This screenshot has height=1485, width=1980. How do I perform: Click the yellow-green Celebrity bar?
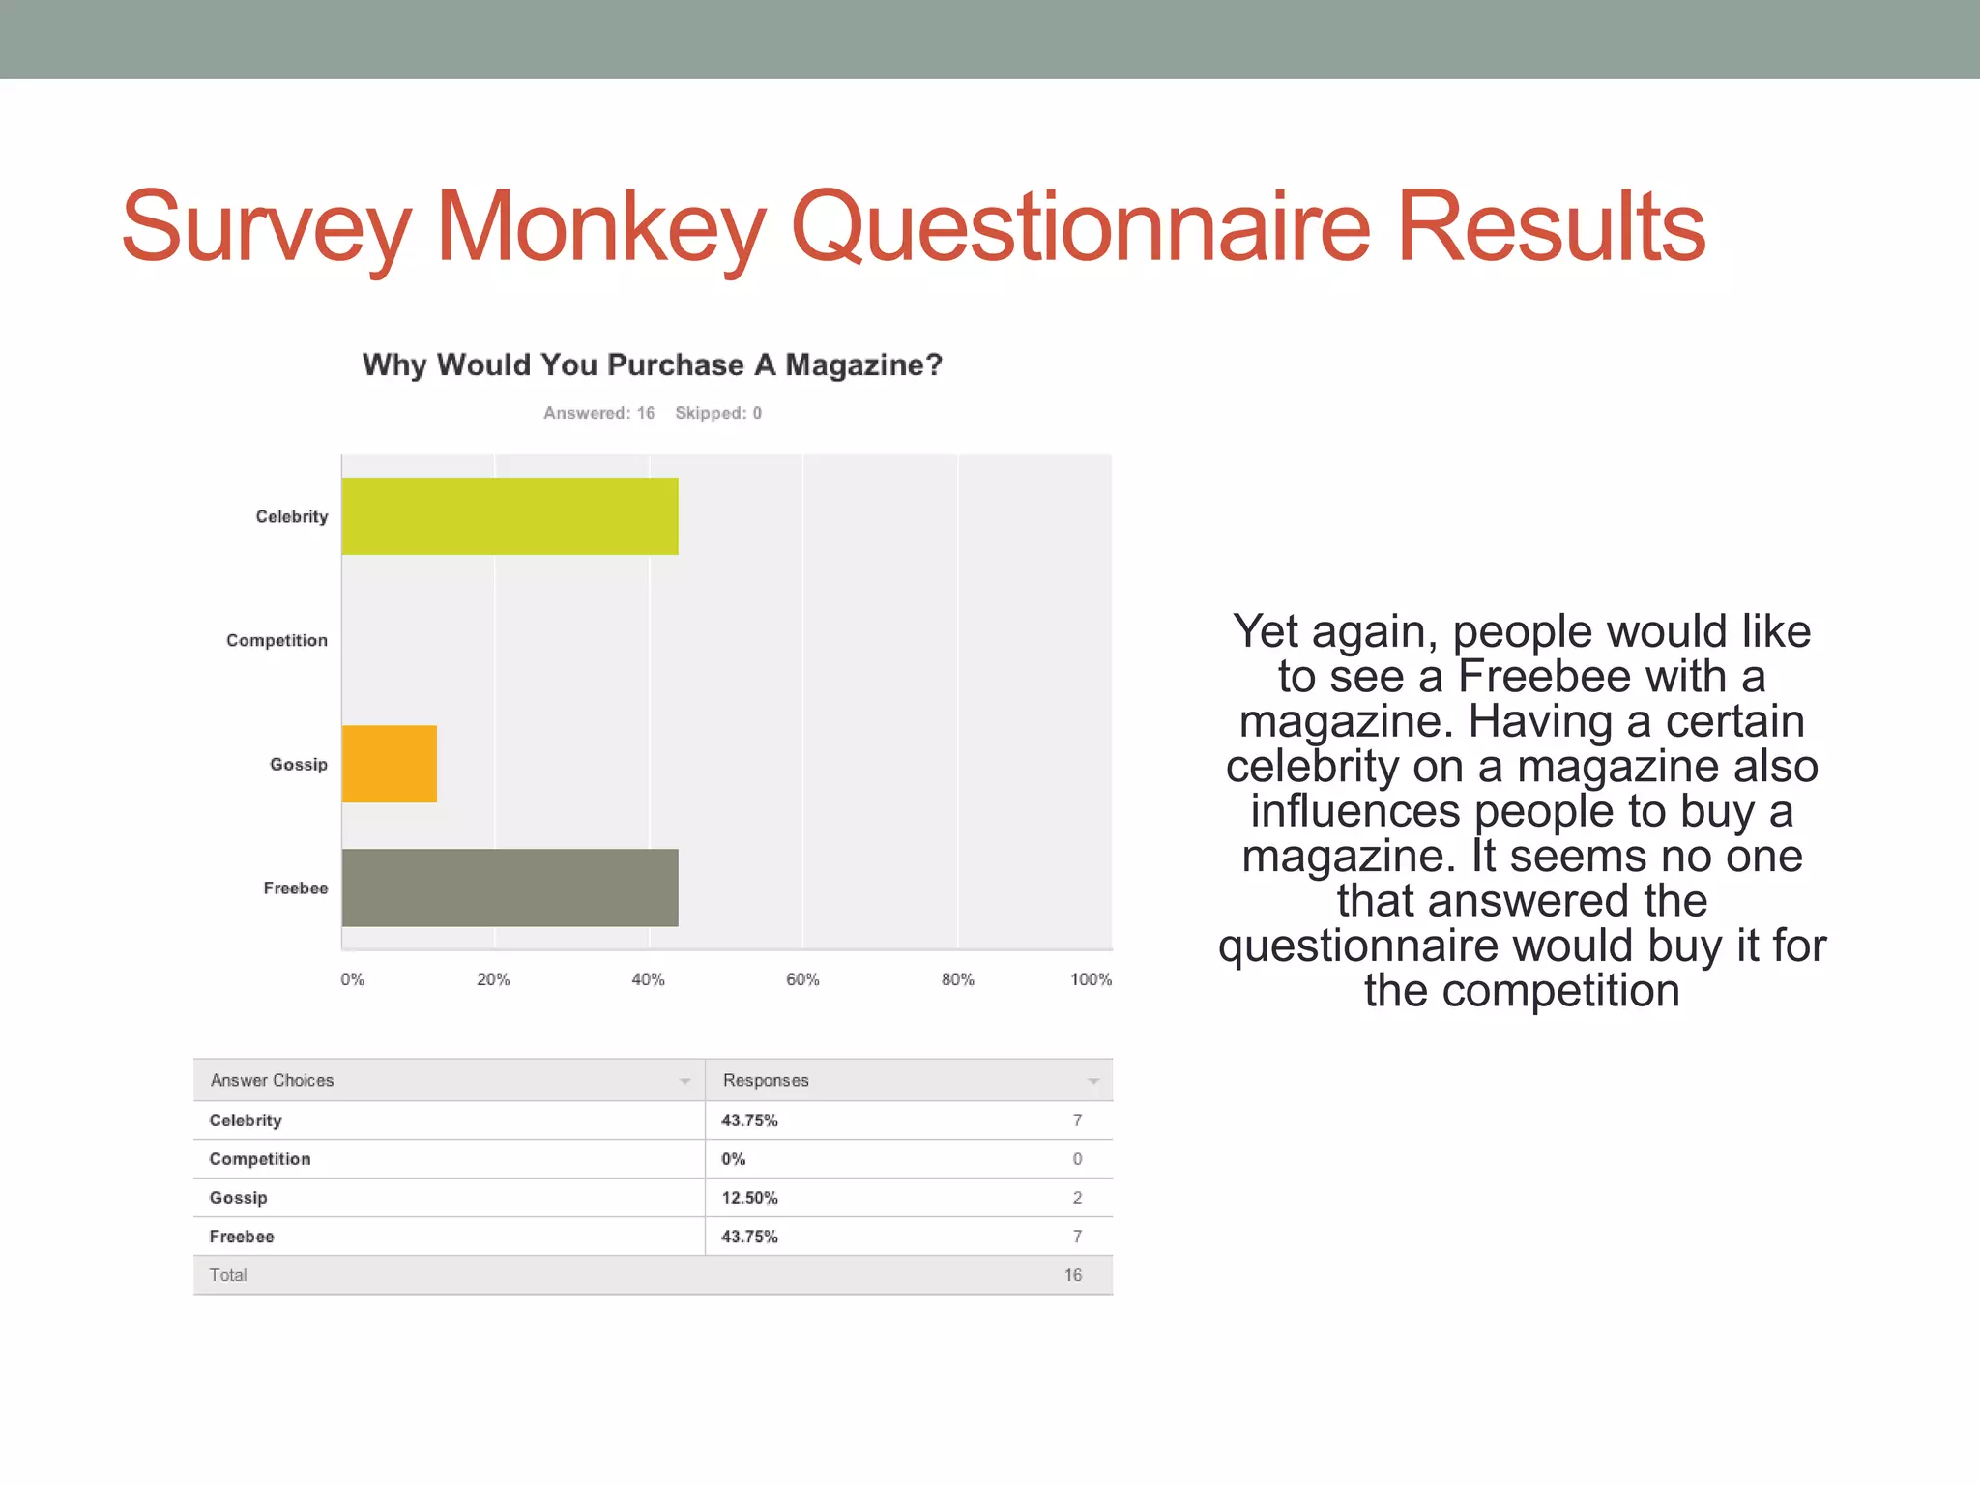click(510, 516)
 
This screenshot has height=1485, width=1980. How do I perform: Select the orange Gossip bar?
click(389, 764)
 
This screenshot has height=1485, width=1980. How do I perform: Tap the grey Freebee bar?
click(510, 888)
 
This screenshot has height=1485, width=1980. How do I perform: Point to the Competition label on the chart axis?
click(277, 640)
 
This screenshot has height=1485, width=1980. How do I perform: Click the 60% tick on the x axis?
click(802, 979)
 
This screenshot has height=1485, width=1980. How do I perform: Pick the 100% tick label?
click(1091, 979)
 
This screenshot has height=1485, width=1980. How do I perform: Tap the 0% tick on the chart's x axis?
click(352, 979)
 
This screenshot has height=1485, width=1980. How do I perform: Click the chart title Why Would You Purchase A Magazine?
click(652, 364)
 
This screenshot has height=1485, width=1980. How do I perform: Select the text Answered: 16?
click(598, 413)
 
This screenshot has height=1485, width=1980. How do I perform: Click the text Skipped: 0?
click(718, 413)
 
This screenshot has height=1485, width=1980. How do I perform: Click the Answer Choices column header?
click(272, 1080)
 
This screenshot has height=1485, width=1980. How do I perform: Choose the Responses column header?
click(766, 1080)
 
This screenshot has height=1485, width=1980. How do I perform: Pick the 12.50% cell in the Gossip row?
click(749, 1198)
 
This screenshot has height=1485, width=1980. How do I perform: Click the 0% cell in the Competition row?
click(733, 1159)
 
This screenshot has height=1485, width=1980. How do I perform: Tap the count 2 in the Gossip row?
click(1077, 1198)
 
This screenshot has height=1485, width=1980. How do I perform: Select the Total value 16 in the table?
click(1072, 1275)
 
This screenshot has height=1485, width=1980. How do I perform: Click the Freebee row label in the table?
click(242, 1237)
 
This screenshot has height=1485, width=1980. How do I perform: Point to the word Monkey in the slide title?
click(600, 227)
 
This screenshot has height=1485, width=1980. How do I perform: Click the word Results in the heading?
click(1551, 227)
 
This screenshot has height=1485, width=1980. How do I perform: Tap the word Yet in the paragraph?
click(1266, 631)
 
